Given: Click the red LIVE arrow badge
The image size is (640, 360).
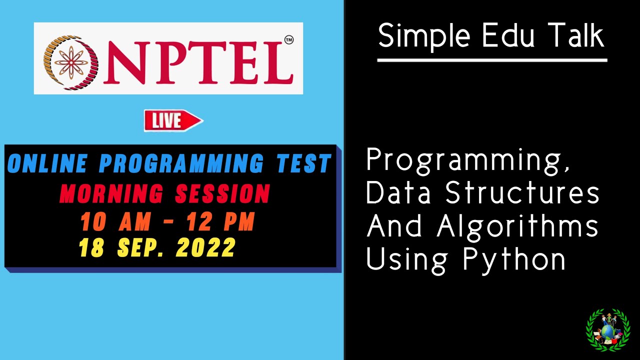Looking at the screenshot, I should point(173,120).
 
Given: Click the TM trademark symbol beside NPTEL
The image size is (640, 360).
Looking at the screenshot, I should point(288,39).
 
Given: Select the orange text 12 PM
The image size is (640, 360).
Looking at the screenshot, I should point(220,222).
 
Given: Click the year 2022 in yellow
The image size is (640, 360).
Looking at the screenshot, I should point(205,247).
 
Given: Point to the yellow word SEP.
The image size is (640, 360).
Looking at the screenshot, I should point(142,247).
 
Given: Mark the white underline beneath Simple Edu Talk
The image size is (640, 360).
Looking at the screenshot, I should point(492,60).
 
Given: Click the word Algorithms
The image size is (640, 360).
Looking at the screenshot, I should point(517,226).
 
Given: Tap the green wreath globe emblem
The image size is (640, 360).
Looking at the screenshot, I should point(607,330).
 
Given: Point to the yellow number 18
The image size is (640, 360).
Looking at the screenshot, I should point(91,247).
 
